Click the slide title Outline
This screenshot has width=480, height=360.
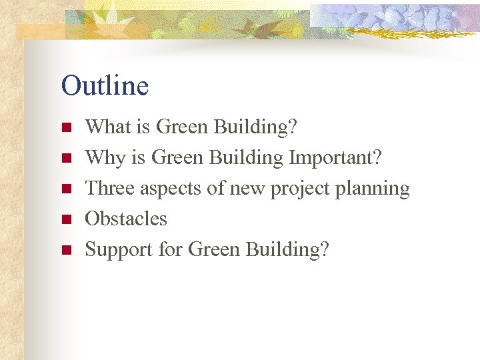coord(105,86)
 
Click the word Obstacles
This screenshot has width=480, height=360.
coord(126,219)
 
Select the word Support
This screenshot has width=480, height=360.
coord(119,251)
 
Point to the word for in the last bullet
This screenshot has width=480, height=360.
coord(171,250)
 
